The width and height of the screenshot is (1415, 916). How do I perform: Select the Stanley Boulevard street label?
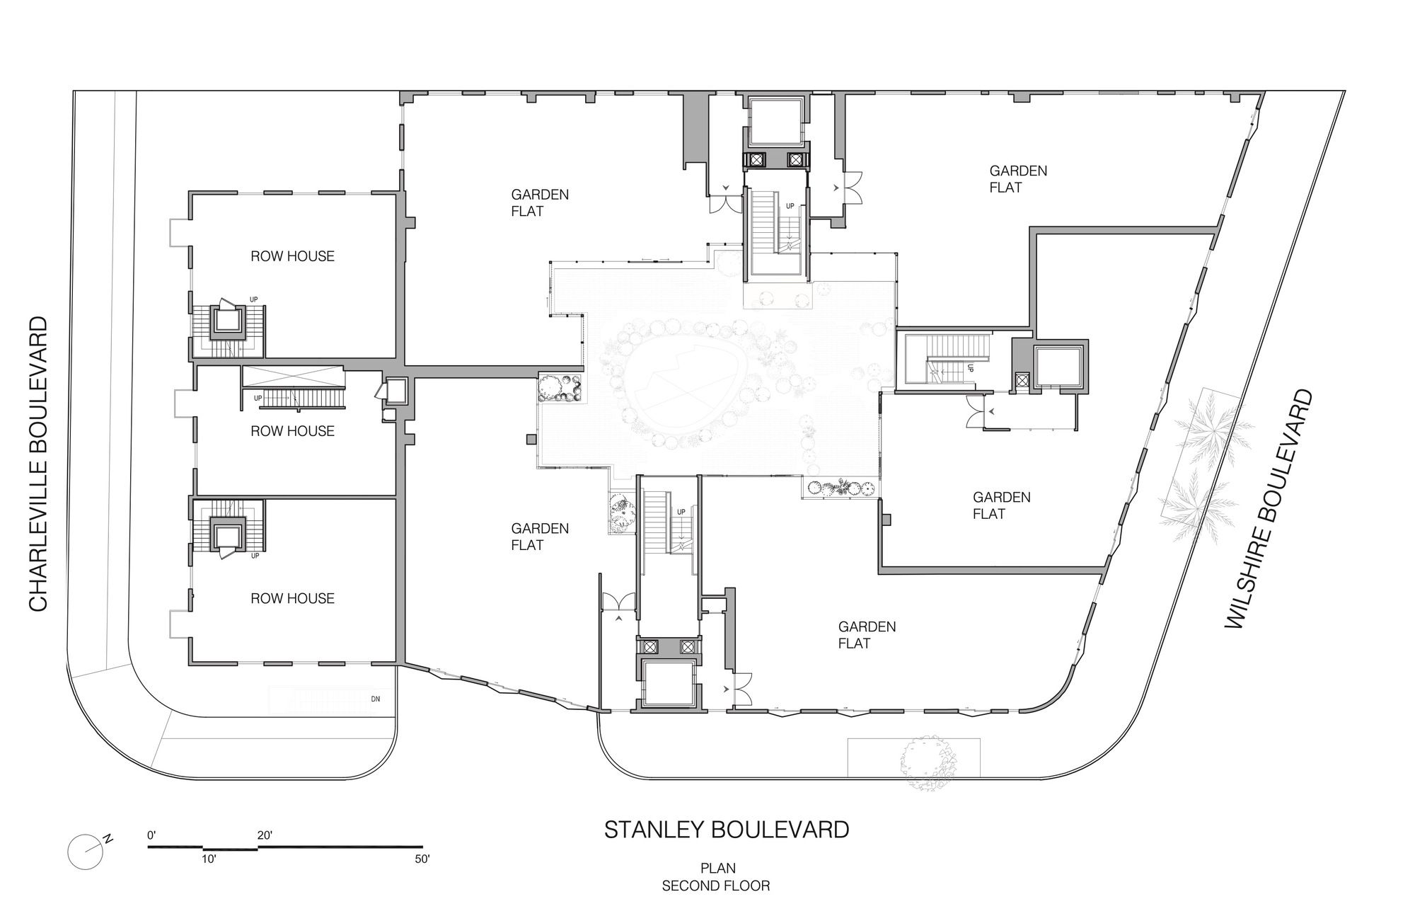point(727,829)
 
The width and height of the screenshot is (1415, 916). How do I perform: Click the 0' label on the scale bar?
point(151,835)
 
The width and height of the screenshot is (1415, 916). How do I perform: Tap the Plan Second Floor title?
point(716,876)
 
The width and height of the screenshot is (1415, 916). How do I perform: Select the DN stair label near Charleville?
point(376,699)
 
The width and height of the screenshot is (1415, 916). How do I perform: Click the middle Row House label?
point(292,431)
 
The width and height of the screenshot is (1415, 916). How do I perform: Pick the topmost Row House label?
point(292,256)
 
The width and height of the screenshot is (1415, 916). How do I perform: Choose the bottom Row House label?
point(292,599)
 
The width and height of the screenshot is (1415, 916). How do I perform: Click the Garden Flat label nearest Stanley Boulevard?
point(867,635)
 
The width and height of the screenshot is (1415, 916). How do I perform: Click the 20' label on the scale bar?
point(265,835)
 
